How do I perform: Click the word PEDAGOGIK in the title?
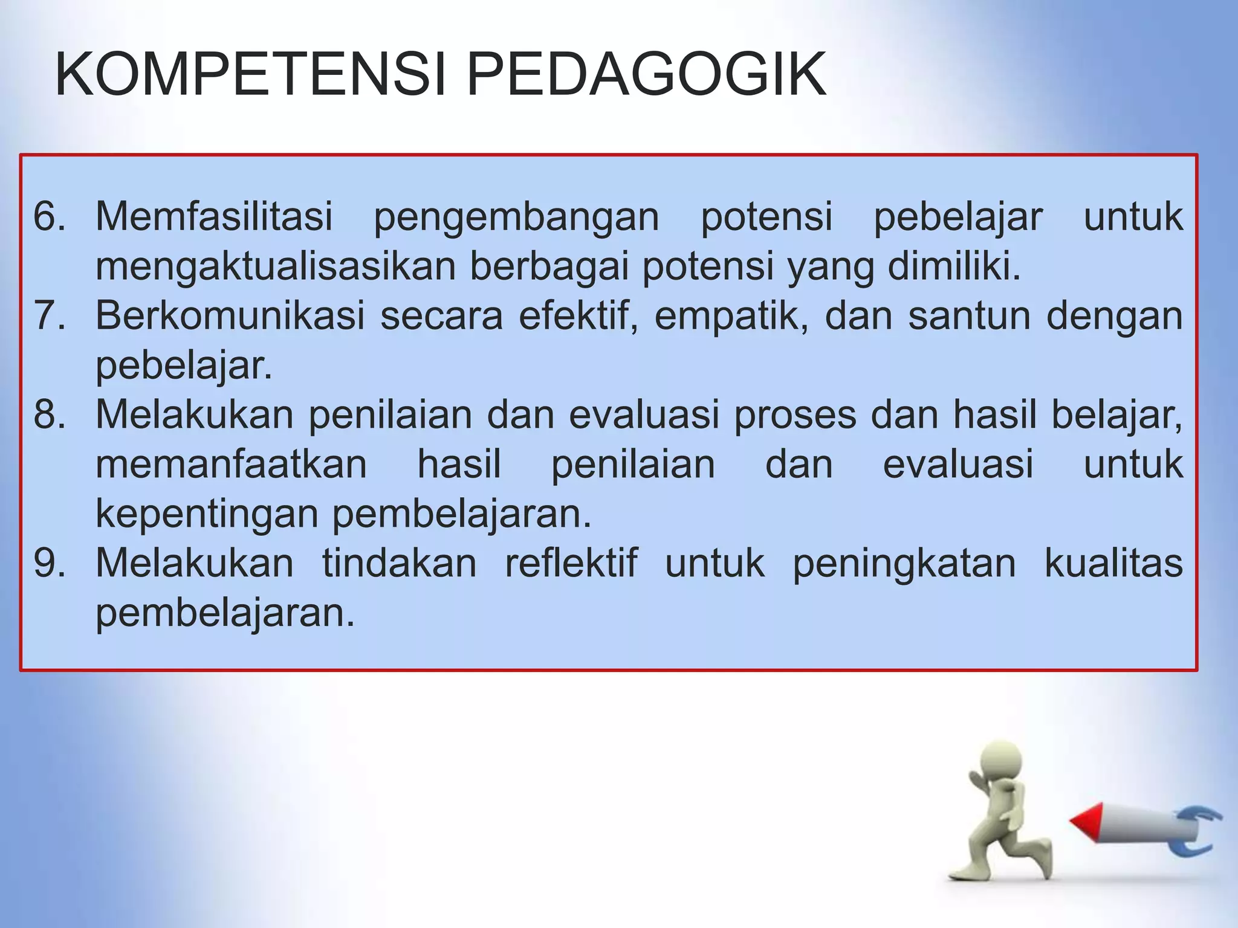646,75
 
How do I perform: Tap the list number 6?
49,216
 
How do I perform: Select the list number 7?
49,315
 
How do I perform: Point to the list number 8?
49,414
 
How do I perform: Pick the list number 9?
49,563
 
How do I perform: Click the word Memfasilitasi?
214,216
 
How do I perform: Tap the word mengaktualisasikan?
276,266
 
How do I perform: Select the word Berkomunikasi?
230,315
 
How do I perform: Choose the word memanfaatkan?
232,464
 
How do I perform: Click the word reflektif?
571,563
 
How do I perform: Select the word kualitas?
1113,563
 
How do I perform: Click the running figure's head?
1000,762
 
